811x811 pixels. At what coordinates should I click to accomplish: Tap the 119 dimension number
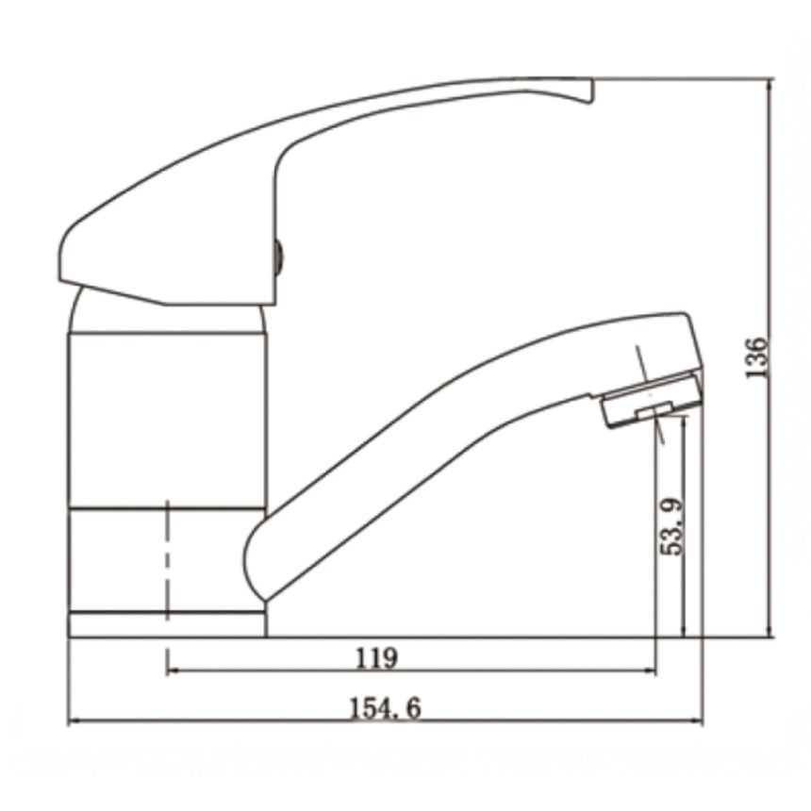[x=376, y=657]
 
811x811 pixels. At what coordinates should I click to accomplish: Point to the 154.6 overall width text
[x=388, y=707]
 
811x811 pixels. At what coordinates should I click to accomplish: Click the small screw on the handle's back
[x=278, y=254]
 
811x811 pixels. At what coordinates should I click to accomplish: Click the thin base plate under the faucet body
[x=167, y=624]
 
